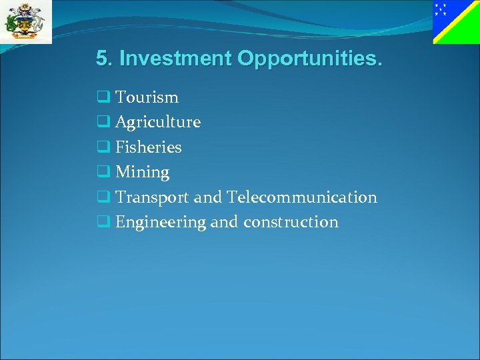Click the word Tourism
(147, 97)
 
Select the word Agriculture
(158, 122)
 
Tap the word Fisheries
(148, 147)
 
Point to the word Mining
(142, 172)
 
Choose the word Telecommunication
(301, 197)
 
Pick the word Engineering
(161, 222)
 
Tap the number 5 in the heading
(101, 59)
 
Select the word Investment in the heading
(175, 59)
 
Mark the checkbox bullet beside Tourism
(103, 97)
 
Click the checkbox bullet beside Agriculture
(103, 122)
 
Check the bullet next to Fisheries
(103, 147)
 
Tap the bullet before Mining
(103, 172)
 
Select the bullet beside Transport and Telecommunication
(103, 197)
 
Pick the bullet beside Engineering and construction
(103, 222)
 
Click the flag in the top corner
(456, 22)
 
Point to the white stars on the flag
(440, 9)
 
